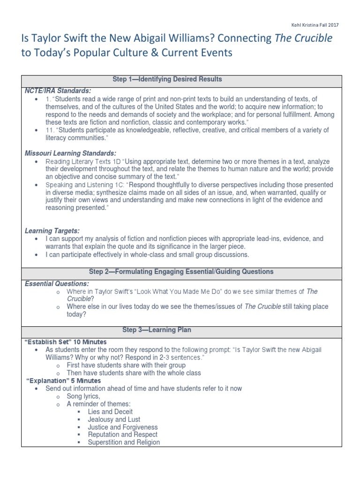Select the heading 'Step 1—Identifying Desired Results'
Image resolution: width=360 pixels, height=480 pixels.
(x=168, y=79)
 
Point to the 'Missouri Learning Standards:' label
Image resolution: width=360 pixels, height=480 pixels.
(x=70, y=153)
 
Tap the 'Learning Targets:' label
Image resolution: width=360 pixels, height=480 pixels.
(x=52, y=231)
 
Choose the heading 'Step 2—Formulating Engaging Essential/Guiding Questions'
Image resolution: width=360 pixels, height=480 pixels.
(x=181, y=271)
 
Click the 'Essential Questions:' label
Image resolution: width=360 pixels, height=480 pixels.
(x=56, y=283)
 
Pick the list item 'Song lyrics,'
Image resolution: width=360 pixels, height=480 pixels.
(x=83, y=396)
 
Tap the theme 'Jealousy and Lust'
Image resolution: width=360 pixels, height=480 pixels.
(x=114, y=420)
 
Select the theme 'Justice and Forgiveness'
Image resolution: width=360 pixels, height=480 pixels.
(x=122, y=427)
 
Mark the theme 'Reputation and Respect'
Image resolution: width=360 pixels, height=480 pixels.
(x=122, y=435)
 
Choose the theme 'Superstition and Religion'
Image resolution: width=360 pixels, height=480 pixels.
(x=124, y=442)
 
